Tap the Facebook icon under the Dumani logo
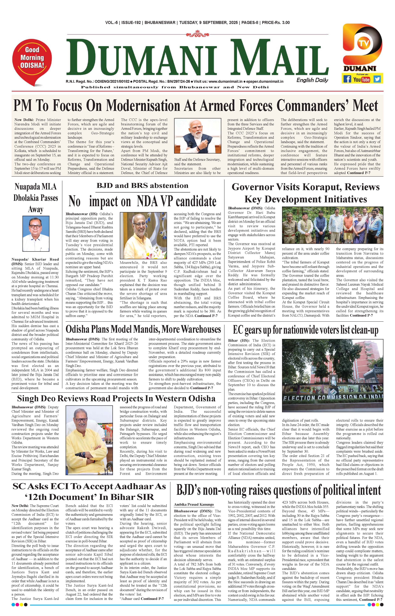[347, 79]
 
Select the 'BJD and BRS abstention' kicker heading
[142, 185]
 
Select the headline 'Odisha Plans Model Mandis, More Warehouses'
[143, 329]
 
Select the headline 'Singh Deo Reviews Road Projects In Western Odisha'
[116, 398]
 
